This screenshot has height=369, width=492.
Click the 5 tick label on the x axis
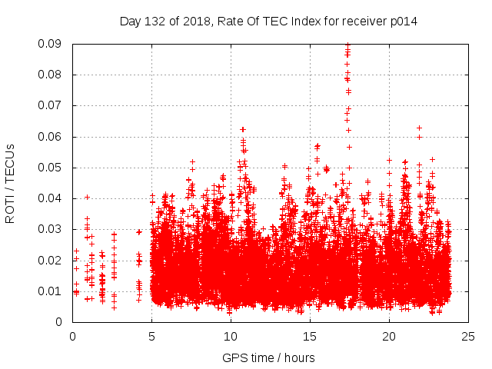pyautogui.click(x=151, y=336)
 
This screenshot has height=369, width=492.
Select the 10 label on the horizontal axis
pyautogui.click(x=231, y=336)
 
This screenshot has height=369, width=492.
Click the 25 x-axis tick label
pyautogui.click(x=468, y=336)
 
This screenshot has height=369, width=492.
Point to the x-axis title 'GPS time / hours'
pyautogui.click(x=268, y=357)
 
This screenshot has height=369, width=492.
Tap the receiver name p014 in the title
pyautogui.click(x=403, y=21)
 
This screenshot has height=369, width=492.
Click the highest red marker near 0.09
pyautogui.click(x=347, y=45)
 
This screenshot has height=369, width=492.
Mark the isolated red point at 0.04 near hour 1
pyautogui.click(x=87, y=197)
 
